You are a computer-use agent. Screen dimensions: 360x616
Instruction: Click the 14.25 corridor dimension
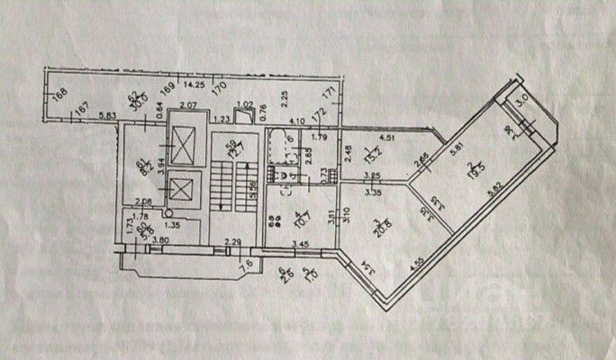click(x=192, y=85)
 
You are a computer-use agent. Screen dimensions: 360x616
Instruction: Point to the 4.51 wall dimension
click(x=387, y=138)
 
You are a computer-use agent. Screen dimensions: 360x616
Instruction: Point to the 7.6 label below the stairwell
click(x=244, y=265)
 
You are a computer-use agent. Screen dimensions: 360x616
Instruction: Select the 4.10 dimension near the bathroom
click(x=298, y=121)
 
